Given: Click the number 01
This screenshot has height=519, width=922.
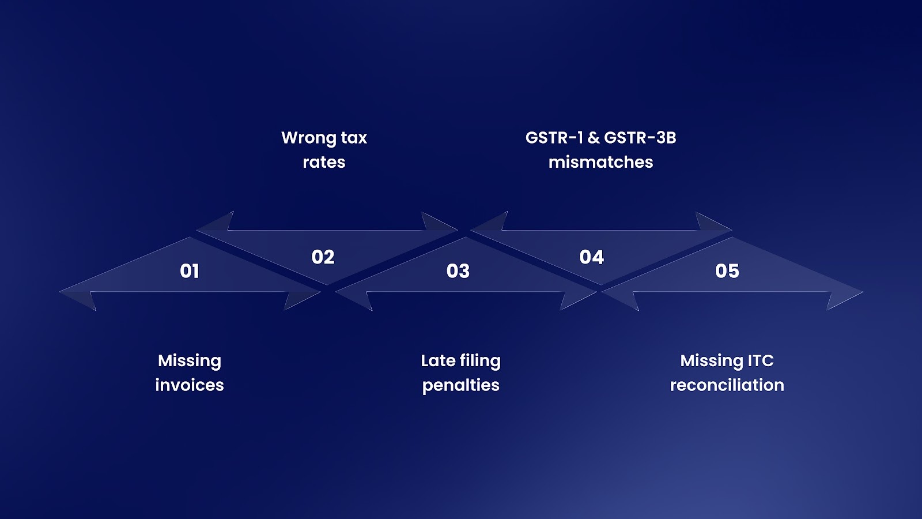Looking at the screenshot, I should click(190, 271).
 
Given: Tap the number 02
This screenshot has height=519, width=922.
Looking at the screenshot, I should click(323, 257).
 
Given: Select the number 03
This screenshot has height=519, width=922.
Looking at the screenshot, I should click(458, 271).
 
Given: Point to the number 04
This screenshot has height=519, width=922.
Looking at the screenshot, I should click(592, 257).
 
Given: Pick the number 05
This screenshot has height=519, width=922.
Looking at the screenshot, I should click(727, 271).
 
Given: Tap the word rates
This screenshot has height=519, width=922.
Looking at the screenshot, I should click(324, 163).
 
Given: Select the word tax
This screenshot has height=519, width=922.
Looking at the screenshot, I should click(354, 138).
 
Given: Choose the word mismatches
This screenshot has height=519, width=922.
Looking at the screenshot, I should click(600, 163).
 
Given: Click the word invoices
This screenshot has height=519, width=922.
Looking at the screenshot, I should click(190, 385).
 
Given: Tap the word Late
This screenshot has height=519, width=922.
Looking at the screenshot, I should click(438, 361).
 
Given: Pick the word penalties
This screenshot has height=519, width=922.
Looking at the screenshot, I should click(461, 386).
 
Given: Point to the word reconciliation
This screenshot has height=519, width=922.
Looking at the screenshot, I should click(727, 385).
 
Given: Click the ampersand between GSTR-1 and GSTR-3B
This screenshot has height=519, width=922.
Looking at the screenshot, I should click(594, 138).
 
